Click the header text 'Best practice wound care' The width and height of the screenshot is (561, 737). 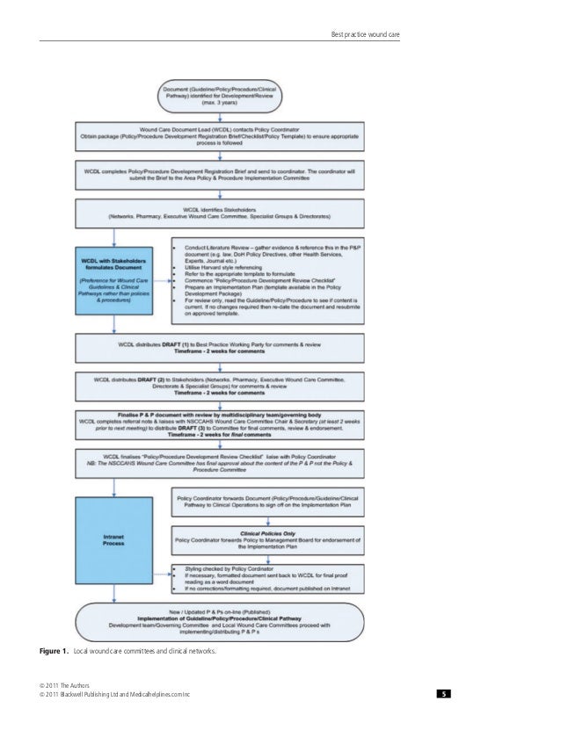pyautogui.click(x=364, y=34)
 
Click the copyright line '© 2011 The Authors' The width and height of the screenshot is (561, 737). pyautogui.click(x=57, y=685)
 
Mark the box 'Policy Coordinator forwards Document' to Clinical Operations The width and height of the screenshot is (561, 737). pyautogui.click(x=286, y=501)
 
